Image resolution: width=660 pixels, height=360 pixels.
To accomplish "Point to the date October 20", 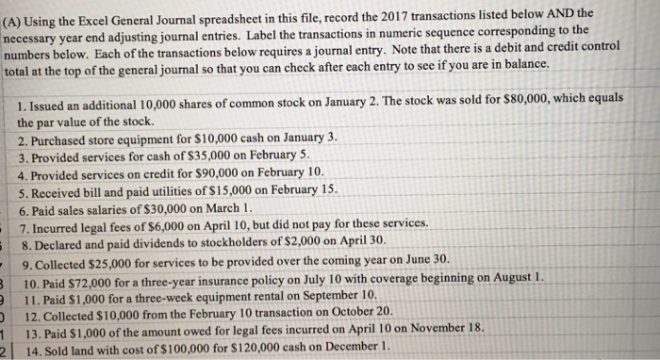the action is click(355, 314).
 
